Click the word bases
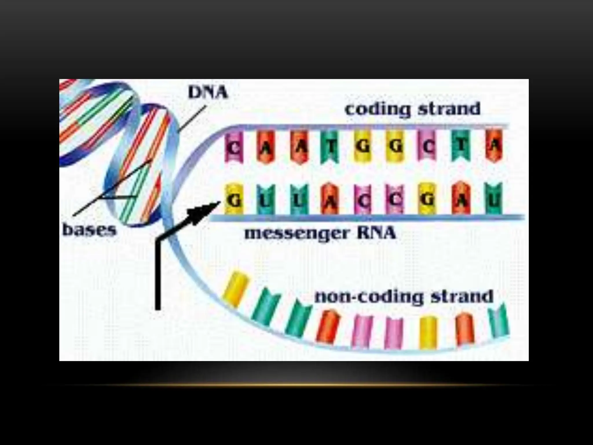coord(89,230)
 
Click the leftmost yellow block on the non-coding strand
coord(235,288)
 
